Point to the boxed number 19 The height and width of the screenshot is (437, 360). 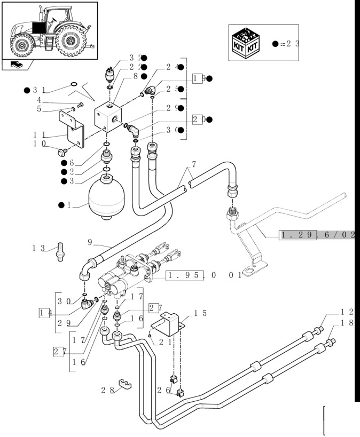pyautogui.click(x=199, y=78)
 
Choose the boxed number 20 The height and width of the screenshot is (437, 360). pyautogui.click(x=199, y=120)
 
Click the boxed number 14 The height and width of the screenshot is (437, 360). pyautogui.click(x=45, y=313)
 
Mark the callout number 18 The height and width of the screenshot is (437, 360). pyautogui.click(x=347, y=323)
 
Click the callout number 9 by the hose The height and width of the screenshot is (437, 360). pyautogui.click(x=90, y=241)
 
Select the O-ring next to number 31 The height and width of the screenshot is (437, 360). pyautogui.click(x=74, y=84)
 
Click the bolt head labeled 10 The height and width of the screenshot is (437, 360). pyautogui.click(x=60, y=152)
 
